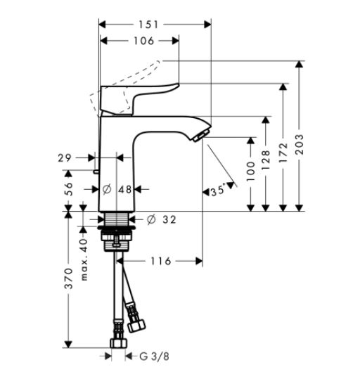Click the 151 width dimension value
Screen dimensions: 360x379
(x=148, y=25)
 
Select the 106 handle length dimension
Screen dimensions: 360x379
(x=144, y=41)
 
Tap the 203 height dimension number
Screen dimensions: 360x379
(x=300, y=145)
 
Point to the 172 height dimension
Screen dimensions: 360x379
(x=283, y=153)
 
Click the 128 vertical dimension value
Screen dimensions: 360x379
(x=266, y=160)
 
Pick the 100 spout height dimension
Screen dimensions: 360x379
(x=251, y=172)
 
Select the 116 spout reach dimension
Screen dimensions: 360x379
(x=161, y=261)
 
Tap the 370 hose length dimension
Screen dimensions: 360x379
(x=69, y=278)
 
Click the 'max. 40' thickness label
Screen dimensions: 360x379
(x=84, y=259)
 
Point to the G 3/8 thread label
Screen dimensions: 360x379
(x=154, y=356)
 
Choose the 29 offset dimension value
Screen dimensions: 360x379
(x=65, y=158)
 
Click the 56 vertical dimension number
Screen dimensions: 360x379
(x=69, y=189)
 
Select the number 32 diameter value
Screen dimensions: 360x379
(x=169, y=219)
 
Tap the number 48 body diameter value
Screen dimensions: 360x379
(x=124, y=189)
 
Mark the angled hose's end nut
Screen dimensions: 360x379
(x=136, y=326)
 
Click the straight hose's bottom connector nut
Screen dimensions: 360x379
(x=119, y=343)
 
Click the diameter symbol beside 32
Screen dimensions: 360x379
(x=151, y=219)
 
